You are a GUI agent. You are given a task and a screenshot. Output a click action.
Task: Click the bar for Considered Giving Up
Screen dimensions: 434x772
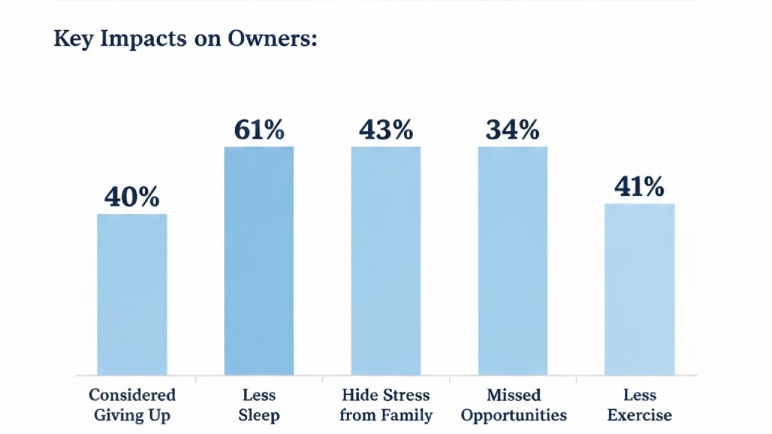132,294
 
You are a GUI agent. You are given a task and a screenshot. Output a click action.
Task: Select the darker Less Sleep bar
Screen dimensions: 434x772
259,260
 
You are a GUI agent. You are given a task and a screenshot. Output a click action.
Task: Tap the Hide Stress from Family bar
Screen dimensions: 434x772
386,260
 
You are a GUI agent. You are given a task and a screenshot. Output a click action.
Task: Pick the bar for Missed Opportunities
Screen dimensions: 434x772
513,260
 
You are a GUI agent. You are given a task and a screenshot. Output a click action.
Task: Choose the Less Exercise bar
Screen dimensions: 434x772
639,289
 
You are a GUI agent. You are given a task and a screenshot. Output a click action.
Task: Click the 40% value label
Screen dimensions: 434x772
132,198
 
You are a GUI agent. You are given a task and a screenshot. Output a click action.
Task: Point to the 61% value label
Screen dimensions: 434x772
259,130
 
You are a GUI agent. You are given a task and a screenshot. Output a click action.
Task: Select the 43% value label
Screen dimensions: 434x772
386,130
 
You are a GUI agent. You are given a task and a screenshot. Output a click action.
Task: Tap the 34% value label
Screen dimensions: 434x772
513,130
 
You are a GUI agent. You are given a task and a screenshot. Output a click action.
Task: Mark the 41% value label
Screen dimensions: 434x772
639,187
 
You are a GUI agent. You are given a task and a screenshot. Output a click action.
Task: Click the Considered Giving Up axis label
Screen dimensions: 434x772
132,405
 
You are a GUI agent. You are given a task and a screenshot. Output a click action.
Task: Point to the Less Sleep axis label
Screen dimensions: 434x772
259,405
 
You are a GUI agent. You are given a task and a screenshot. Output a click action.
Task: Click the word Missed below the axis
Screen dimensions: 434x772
513,395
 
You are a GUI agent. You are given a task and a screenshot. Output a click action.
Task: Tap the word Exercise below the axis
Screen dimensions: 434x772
639,415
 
